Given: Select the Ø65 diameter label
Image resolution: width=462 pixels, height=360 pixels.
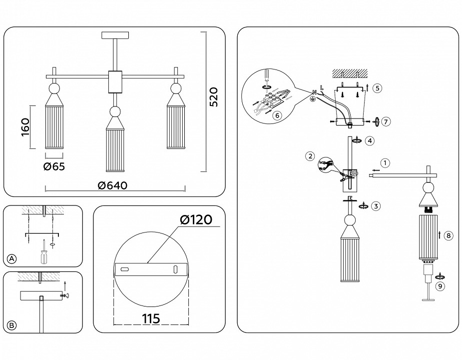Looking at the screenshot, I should (54, 166).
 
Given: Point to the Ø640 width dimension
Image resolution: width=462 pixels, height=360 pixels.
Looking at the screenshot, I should (113, 185).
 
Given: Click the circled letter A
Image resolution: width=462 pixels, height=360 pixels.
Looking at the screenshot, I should (12, 258).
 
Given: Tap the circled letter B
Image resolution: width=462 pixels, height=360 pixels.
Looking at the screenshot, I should (12, 325).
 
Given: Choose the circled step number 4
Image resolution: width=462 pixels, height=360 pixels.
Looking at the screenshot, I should (369, 140).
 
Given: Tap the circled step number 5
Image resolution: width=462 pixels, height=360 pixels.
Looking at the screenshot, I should (378, 88).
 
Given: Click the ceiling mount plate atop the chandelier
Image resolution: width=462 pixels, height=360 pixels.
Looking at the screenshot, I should (115, 35).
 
